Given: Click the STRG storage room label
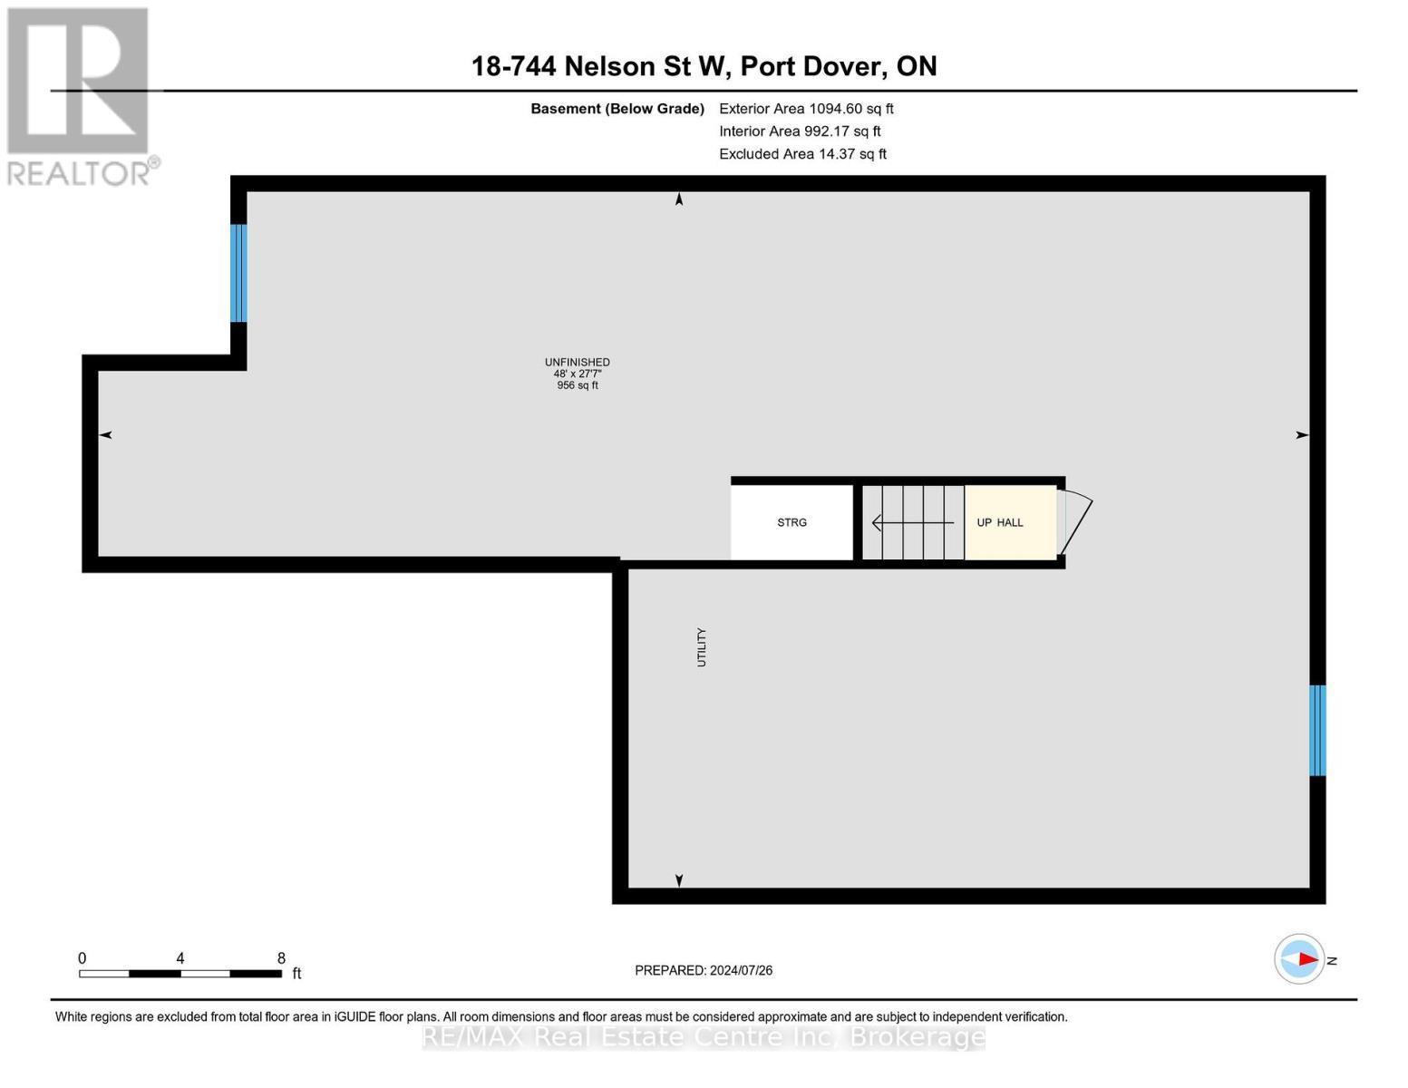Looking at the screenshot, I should point(791,523).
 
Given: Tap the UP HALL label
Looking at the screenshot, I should point(999,523).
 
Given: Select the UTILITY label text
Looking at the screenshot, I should point(701,647).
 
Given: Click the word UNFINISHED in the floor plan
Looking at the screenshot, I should point(577,363).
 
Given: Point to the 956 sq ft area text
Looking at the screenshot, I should point(577,385).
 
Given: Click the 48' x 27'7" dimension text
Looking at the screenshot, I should point(577,374).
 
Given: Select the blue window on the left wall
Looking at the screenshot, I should point(238,273).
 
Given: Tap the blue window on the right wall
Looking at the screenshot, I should point(1317,731).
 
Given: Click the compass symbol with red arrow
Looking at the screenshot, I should point(1299,959).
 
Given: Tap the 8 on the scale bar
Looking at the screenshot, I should point(281,958).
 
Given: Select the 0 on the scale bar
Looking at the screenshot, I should point(83,958).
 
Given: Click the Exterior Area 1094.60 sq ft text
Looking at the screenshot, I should point(806,109).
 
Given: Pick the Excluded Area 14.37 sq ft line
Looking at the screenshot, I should point(802,154).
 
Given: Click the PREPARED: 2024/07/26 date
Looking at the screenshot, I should point(704,970).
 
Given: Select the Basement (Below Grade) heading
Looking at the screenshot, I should point(617,109).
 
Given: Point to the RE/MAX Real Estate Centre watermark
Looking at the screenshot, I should point(704,1036).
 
